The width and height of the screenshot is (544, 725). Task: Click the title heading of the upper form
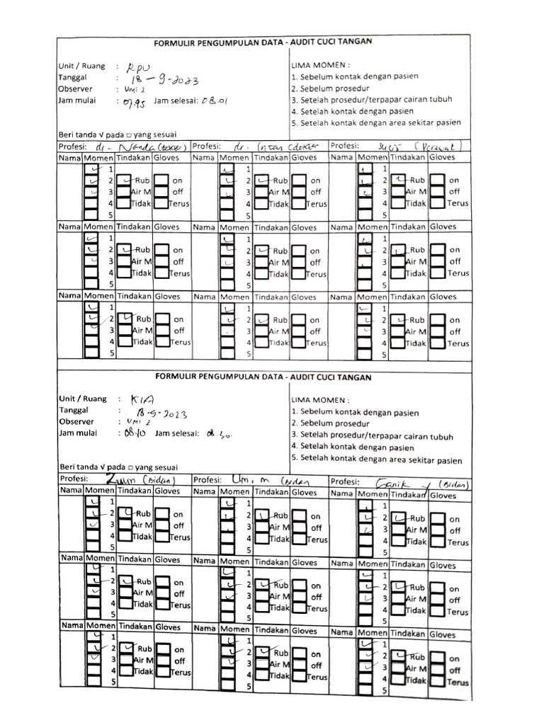tap(263, 42)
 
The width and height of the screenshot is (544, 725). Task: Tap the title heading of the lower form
tap(263, 377)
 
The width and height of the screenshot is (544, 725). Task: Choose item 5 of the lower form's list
tap(375, 459)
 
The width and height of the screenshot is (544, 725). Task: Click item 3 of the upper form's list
tap(371, 100)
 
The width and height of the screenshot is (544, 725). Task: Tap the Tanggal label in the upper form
tap(74, 78)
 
